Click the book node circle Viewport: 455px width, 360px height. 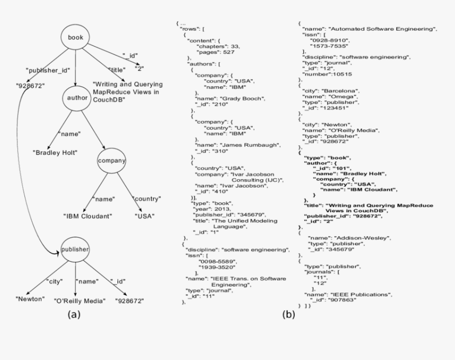(76, 38)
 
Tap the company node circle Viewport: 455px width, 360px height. (111, 160)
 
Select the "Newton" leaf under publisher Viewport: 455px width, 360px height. (29, 300)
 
